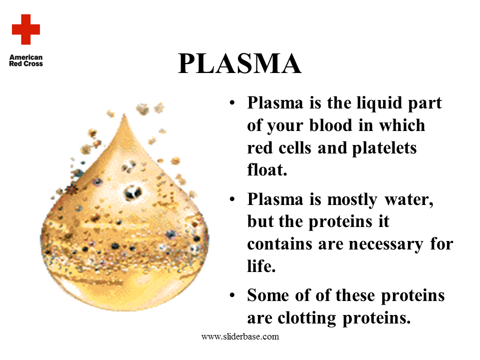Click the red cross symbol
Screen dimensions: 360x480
[26, 29]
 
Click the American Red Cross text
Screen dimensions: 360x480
[26, 60]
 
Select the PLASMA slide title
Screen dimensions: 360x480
[239, 64]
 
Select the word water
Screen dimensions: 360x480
[410, 200]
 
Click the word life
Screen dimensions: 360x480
[261, 265]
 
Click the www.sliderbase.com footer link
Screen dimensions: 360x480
[240, 336]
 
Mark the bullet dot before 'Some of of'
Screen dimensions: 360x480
[232, 295]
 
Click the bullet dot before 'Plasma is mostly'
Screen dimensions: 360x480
[232, 200]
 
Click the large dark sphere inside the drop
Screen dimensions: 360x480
[132, 192]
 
